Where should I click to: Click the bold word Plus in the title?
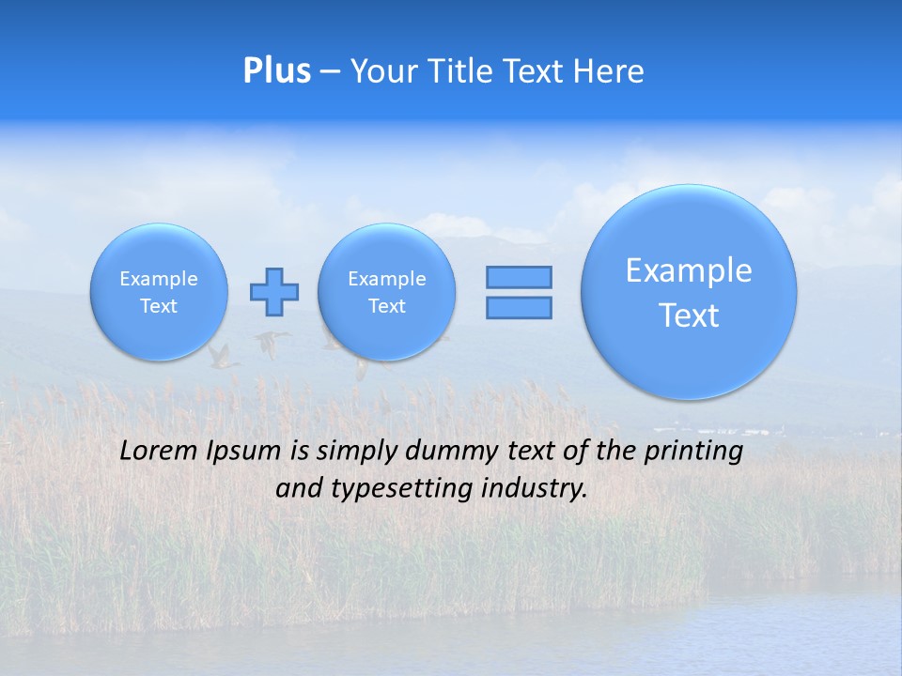276,70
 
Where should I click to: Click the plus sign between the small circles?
274,292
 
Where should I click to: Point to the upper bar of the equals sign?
519,277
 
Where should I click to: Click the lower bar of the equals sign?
519,307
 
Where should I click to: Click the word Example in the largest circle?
689,270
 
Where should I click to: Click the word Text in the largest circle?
689,315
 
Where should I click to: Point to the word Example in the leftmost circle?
159,279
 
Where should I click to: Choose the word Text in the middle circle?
386,306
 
